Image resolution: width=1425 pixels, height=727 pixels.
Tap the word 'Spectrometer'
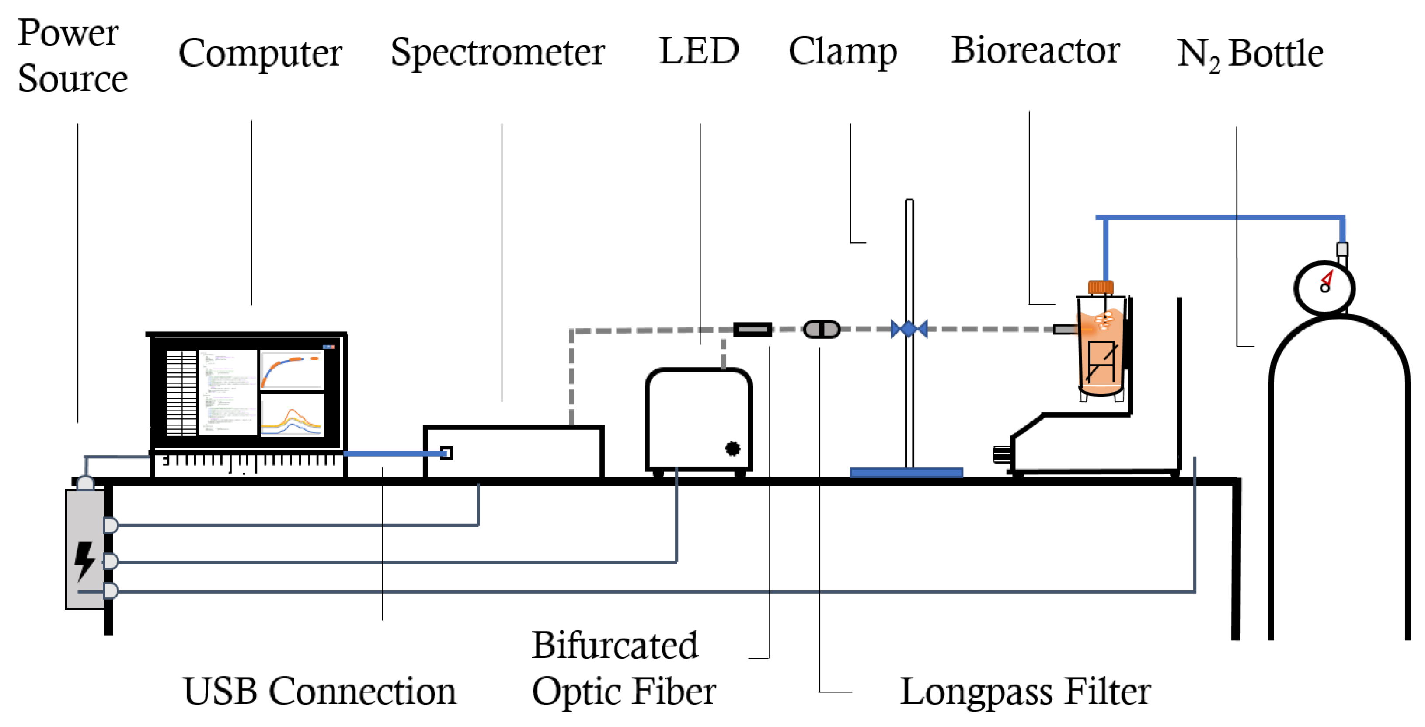(x=497, y=53)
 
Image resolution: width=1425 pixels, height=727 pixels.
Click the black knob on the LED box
(x=732, y=449)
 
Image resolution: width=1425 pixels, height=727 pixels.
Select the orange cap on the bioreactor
(x=1100, y=287)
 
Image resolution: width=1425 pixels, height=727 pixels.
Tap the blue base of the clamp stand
(x=906, y=472)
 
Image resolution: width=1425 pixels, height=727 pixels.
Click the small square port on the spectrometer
(x=446, y=453)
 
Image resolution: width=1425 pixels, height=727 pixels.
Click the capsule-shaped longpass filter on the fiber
(x=822, y=330)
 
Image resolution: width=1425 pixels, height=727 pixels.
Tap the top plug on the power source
(x=110, y=524)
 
